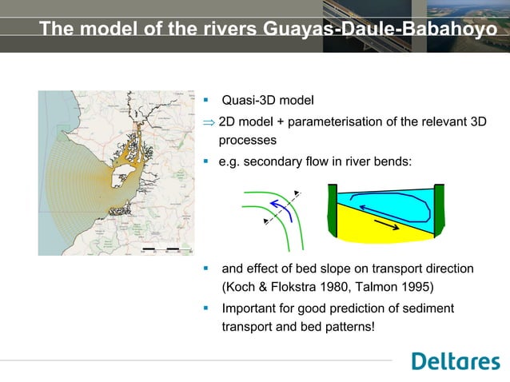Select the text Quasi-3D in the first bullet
[x=246, y=101]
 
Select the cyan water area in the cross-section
[x=384, y=201]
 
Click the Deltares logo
[x=455, y=361]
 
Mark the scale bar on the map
[x=160, y=250]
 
